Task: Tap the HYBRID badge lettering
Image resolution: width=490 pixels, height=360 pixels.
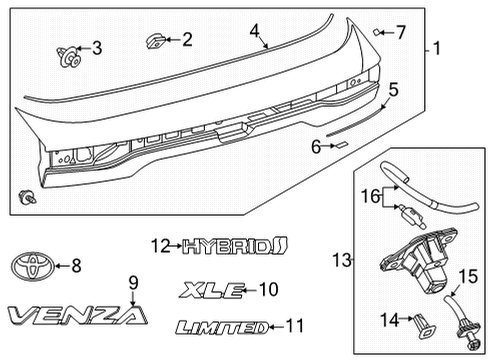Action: pos(233,243)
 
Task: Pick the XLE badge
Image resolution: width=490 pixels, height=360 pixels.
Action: pos(211,290)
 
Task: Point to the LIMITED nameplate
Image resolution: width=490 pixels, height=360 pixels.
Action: pos(220,326)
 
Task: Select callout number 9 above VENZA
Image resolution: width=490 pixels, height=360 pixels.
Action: pos(131,283)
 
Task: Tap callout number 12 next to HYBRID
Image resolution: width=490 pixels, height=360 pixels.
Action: pos(161,243)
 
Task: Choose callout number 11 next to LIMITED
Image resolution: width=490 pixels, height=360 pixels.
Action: pos(293,326)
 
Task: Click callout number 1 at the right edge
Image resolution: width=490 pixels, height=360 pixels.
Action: pos(437,47)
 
